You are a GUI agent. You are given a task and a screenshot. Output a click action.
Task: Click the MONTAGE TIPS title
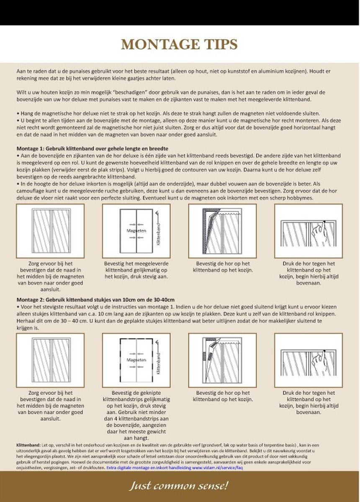click(179, 45)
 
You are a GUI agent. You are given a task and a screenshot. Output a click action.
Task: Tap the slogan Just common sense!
click(180, 486)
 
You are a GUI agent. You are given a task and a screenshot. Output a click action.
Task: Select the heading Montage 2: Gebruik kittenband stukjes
click(95, 300)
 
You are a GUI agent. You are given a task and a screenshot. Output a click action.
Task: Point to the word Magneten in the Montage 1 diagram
click(136, 231)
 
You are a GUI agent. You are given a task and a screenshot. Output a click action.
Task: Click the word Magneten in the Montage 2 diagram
click(136, 359)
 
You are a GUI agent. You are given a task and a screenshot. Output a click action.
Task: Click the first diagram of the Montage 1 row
click(50, 231)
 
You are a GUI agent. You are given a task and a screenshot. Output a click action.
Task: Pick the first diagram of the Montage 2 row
click(50, 360)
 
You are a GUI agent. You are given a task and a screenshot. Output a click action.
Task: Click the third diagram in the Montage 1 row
click(223, 231)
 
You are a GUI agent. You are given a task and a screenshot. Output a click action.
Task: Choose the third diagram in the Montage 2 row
click(223, 360)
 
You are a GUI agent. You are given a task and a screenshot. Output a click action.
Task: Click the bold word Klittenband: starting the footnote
click(28, 445)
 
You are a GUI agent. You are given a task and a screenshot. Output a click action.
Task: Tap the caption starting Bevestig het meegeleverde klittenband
click(136, 270)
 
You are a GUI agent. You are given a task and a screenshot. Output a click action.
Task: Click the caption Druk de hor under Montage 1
click(309, 273)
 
